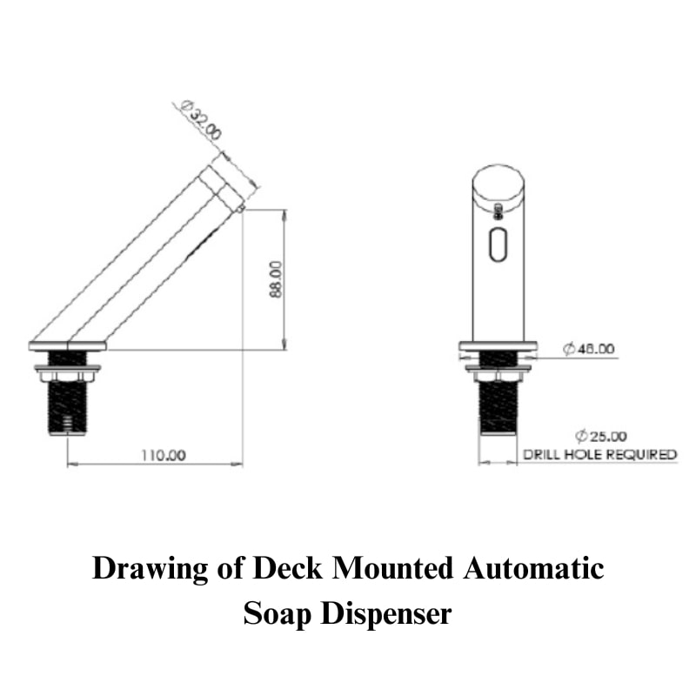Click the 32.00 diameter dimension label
(x=202, y=123)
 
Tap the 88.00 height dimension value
(x=276, y=278)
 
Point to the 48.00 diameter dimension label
(x=589, y=349)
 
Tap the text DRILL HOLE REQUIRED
(x=599, y=454)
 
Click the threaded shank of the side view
(x=68, y=406)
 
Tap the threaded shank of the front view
(x=498, y=406)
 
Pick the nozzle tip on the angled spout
(x=239, y=207)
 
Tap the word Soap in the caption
(x=278, y=612)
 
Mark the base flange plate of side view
(x=68, y=346)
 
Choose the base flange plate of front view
(x=498, y=346)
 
